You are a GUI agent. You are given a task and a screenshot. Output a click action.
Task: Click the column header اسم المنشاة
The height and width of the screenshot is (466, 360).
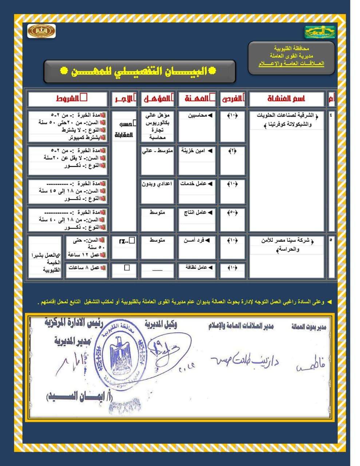[x=286, y=99]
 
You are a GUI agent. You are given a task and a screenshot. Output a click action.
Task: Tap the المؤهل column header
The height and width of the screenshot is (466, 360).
[x=157, y=99]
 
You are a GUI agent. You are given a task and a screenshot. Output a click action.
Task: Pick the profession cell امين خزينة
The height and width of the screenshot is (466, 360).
[x=197, y=151]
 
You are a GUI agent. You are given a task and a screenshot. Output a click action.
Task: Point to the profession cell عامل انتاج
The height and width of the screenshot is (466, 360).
[x=197, y=212]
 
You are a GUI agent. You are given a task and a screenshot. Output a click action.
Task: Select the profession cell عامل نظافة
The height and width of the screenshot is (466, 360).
[x=197, y=268]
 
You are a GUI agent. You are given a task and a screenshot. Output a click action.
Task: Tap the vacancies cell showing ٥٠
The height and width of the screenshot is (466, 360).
[x=232, y=212]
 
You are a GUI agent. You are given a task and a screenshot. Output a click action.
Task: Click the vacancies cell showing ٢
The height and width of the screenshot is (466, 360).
[x=232, y=151]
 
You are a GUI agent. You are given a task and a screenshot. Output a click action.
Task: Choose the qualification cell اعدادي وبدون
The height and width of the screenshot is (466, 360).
[x=157, y=184]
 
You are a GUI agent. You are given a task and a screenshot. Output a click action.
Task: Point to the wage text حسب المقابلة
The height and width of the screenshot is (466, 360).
[x=124, y=129]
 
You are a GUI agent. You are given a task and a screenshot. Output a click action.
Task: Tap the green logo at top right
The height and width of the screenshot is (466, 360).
[x=320, y=32]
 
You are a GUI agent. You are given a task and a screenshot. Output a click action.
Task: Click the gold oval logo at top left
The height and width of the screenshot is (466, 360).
[x=41, y=31]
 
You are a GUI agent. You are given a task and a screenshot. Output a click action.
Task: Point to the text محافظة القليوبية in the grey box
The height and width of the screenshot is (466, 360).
[x=291, y=48]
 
